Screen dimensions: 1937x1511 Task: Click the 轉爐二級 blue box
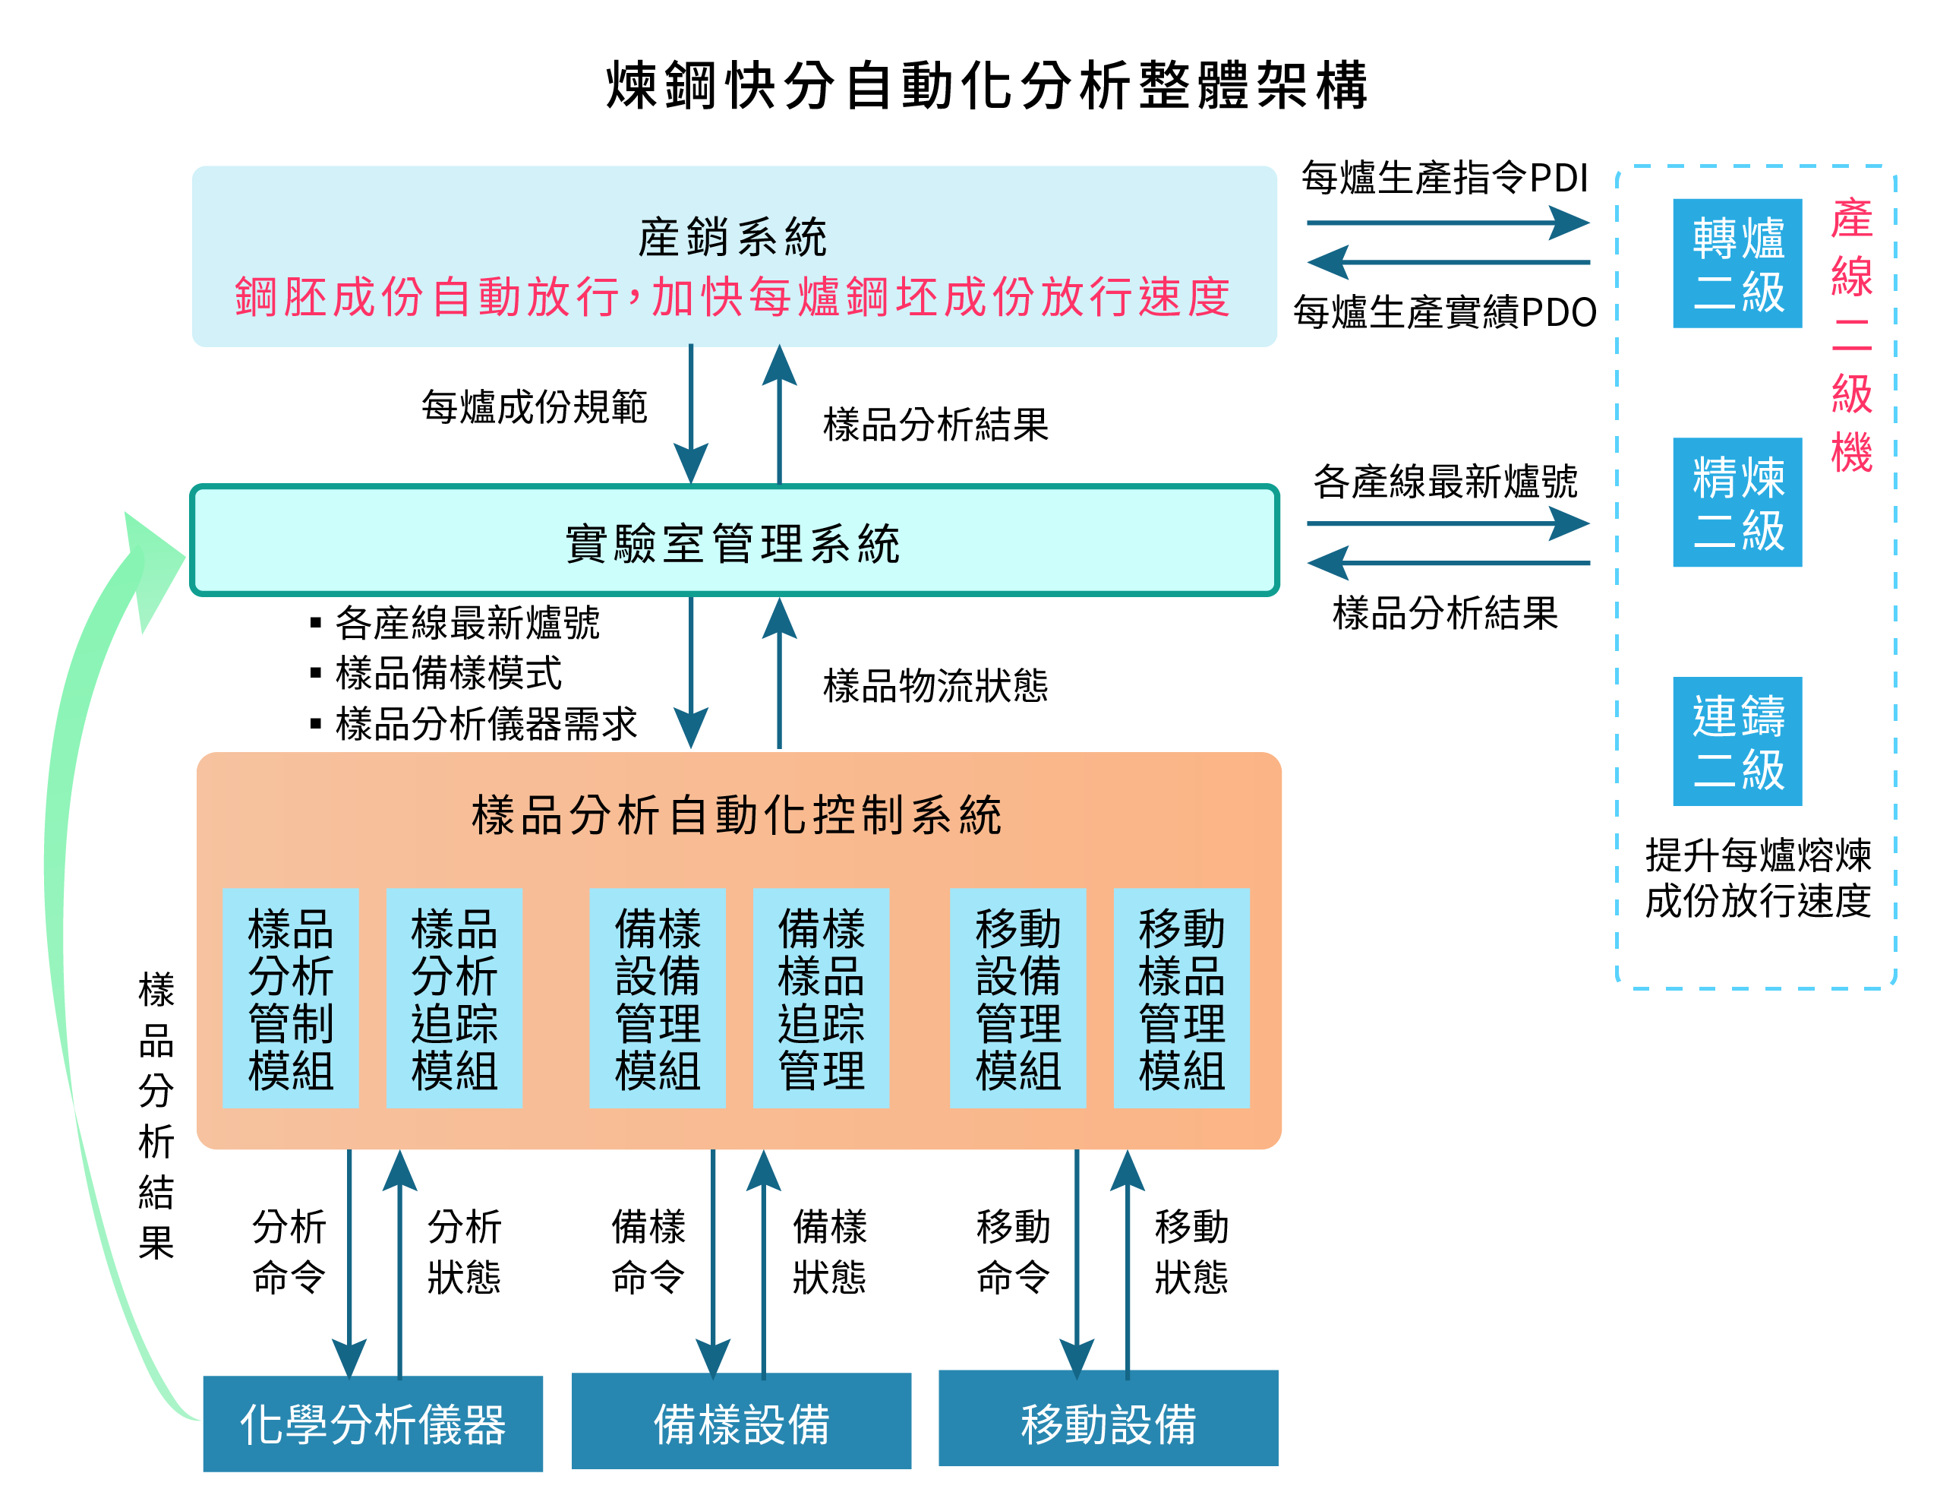(1737, 264)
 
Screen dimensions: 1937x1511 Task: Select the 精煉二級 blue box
(1737, 502)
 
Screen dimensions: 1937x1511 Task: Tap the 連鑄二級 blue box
(1737, 741)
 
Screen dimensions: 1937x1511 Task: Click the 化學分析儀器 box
(373, 1423)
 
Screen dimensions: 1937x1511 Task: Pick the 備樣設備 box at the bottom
(740, 1421)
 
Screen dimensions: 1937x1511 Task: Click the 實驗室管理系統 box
(734, 540)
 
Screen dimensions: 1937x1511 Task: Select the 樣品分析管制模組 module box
(291, 998)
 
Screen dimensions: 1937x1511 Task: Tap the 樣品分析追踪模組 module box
(454, 998)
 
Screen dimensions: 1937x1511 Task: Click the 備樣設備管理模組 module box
(658, 998)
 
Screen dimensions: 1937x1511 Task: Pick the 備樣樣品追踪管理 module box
(822, 998)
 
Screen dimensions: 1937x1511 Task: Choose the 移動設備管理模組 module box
(1018, 998)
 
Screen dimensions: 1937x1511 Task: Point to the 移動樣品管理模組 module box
(1181, 998)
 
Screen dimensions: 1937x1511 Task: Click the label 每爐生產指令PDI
(1445, 178)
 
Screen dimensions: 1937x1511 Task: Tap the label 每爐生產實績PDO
(1445, 312)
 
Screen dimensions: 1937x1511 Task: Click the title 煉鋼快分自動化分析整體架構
(987, 86)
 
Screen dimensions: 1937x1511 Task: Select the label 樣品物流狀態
(935, 686)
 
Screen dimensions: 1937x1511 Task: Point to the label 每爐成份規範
(535, 407)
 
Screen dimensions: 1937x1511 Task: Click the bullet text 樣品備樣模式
(449, 673)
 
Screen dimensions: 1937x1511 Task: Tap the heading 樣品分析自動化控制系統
(737, 814)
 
